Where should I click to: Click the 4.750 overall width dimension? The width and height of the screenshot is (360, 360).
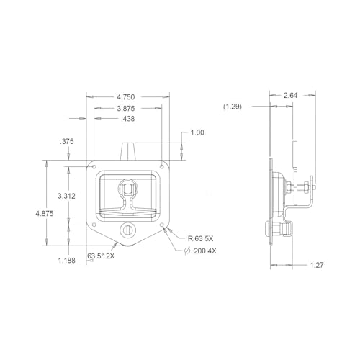(126, 97)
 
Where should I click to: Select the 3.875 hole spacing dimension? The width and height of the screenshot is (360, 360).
(126, 109)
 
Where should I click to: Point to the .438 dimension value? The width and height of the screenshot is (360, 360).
(128, 119)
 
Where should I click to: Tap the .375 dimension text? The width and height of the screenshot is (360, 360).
(67, 141)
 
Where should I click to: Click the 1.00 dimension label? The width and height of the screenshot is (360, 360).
(197, 132)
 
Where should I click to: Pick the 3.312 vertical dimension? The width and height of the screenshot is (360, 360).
(66, 196)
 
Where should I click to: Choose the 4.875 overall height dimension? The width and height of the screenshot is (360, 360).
(45, 213)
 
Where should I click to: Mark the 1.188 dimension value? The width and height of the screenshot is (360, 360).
(67, 261)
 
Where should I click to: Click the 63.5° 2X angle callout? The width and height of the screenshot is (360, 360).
(101, 256)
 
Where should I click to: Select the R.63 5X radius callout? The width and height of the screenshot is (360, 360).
(200, 238)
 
